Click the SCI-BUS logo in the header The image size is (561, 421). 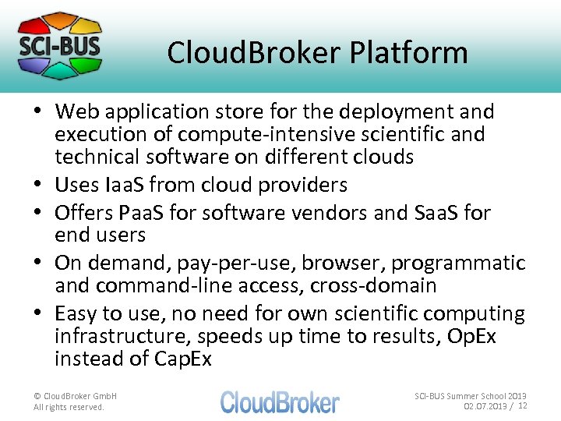60,45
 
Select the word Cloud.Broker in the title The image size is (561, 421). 254,53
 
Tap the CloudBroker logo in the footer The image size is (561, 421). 280,402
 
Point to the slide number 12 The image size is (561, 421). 523,405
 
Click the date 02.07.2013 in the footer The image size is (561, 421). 485,406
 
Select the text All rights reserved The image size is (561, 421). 69,407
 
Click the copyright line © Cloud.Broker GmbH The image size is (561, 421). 75,396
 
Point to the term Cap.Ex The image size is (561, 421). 182,359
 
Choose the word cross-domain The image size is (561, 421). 373,285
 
